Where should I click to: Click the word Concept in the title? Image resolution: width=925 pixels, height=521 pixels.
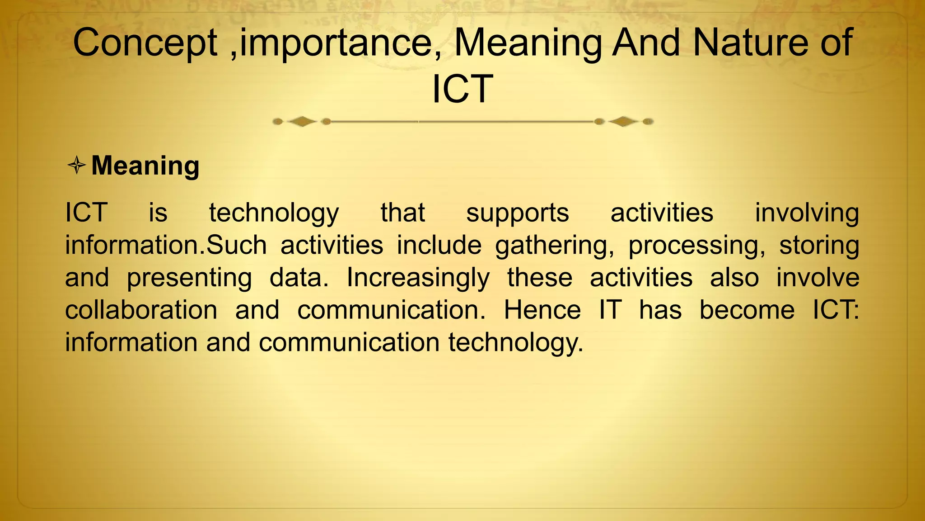tap(145, 43)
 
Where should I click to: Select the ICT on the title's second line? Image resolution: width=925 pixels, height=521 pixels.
tap(462, 89)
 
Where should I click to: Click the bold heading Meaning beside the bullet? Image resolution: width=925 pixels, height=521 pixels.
tap(145, 166)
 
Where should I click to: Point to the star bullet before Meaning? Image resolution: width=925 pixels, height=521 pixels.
tap(77, 165)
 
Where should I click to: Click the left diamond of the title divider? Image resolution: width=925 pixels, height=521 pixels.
tap(302, 121)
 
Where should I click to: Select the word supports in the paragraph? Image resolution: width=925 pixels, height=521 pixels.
tap(517, 213)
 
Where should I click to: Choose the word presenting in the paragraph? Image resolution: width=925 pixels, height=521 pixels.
tap(189, 278)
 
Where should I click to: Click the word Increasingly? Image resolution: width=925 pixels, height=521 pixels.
tap(418, 278)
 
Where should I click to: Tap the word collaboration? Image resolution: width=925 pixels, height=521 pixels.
tap(141, 310)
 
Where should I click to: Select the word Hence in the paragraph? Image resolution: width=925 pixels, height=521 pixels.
tap(542, 310)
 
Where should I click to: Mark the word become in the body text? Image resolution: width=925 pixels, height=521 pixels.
tap(747, 310)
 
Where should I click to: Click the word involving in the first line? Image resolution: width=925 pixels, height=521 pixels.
tap(807, 213)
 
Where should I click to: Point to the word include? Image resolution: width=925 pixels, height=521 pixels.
tap(439, 246)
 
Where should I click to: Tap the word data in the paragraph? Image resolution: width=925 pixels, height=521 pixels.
tap(299, 278)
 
